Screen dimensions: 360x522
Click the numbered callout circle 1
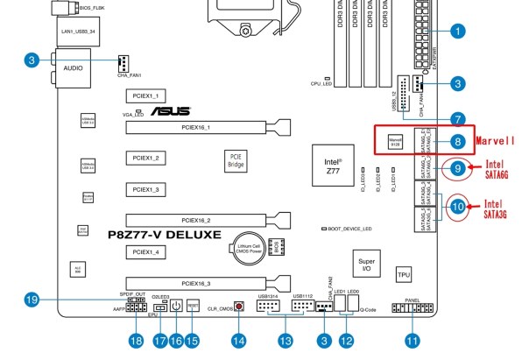pos(456,32)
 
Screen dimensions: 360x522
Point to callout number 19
pos(32,300)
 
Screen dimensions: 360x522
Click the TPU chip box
pos(403,274)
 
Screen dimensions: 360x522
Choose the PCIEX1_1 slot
pos(144,95)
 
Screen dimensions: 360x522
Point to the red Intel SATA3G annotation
pos(494,208)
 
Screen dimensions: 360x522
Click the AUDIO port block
pos(72,67)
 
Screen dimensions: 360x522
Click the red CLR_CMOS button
pos(237,307)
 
